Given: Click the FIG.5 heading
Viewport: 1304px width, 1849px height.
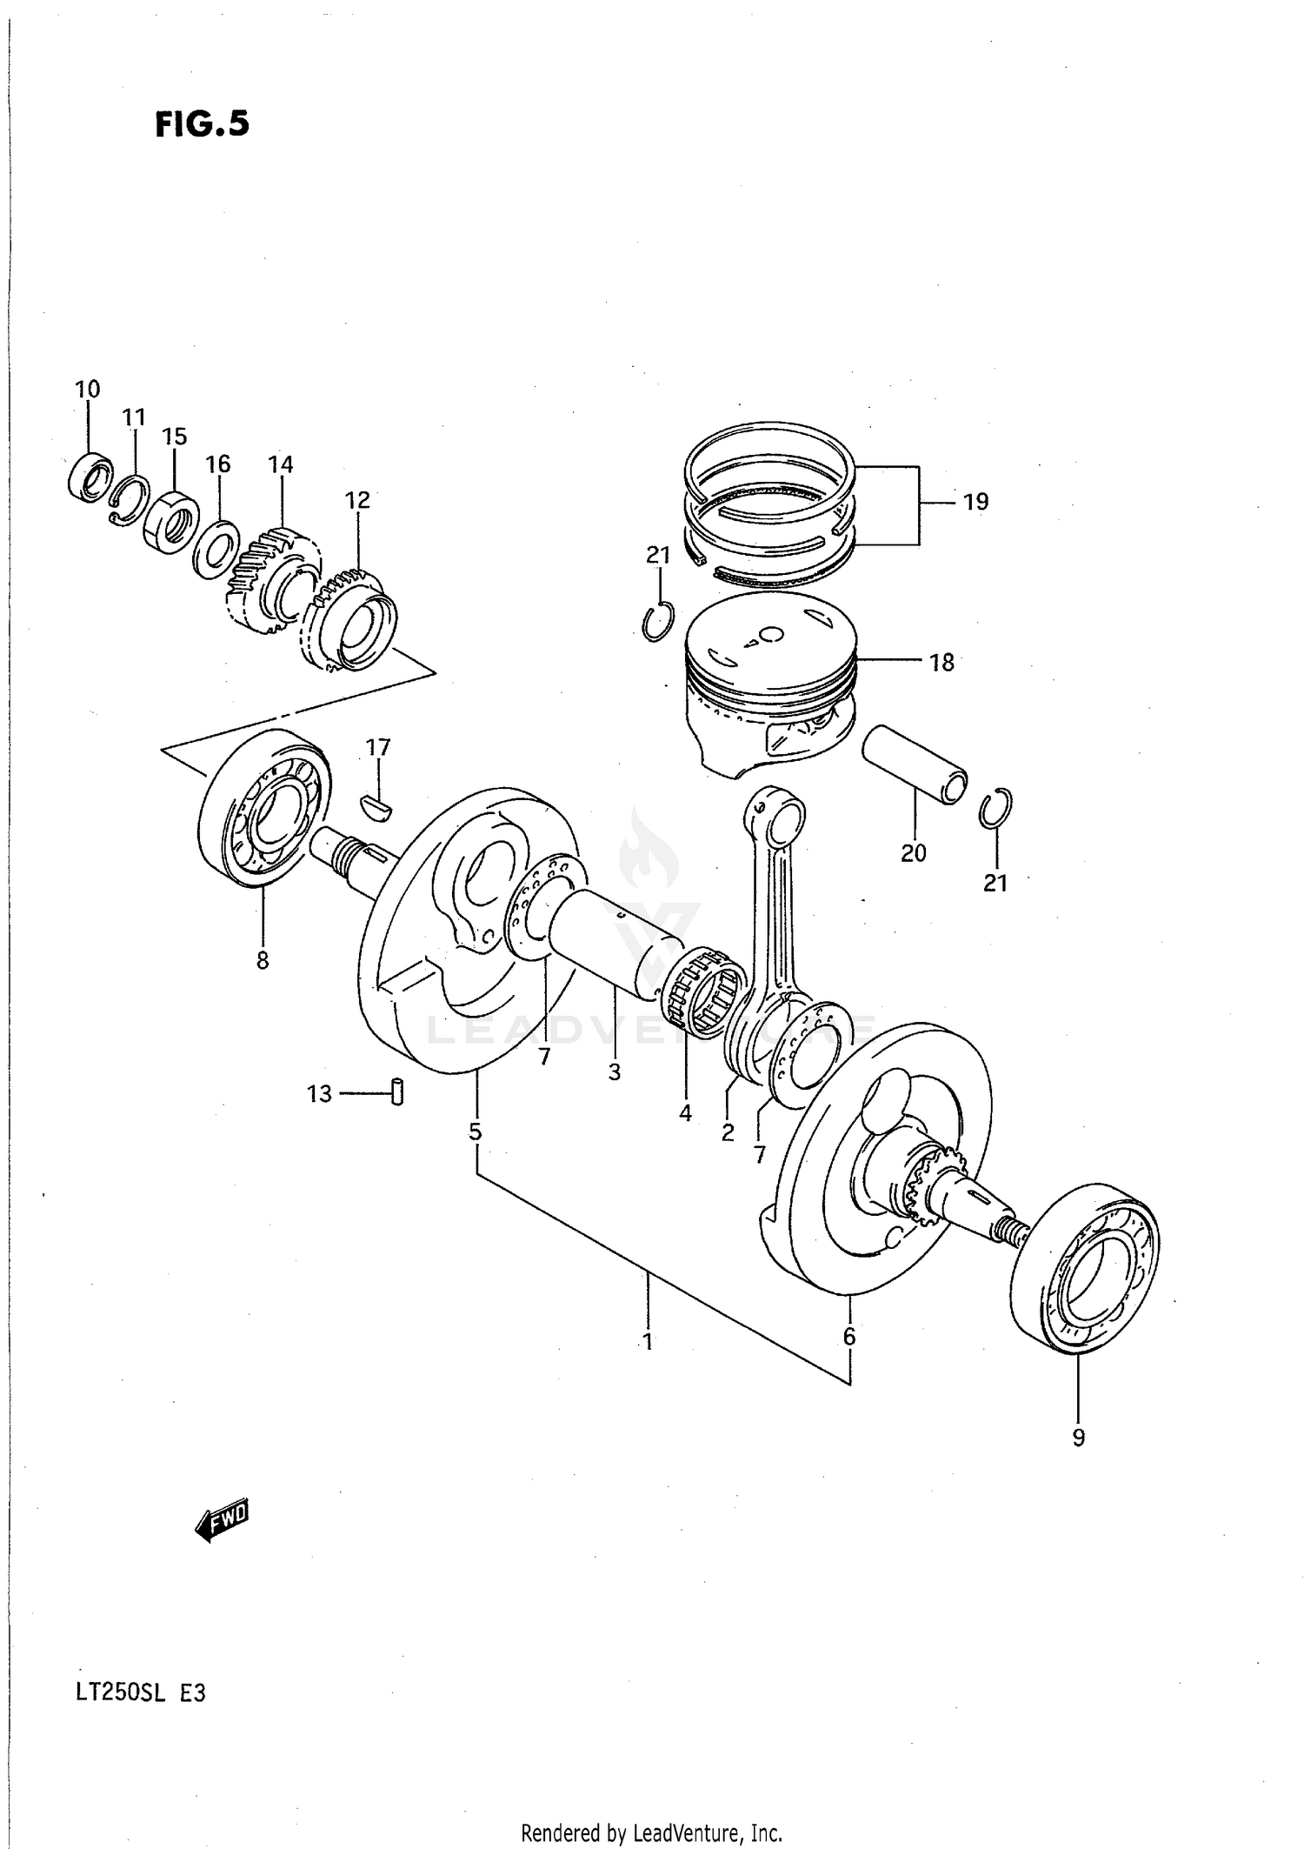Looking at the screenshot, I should pyautogui.click(x=203, y=124).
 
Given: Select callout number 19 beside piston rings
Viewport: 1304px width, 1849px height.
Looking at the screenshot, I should pyautogui.click(x=975, y=502).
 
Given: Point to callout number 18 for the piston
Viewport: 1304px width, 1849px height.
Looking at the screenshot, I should pyautogui.click(x=941, y=662).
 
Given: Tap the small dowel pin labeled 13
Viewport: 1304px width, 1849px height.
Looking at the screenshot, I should pyautogui.click(x=397, y=1091).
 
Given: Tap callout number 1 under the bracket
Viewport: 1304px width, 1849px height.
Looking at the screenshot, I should pyautogui.click(x=647, y=1340).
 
